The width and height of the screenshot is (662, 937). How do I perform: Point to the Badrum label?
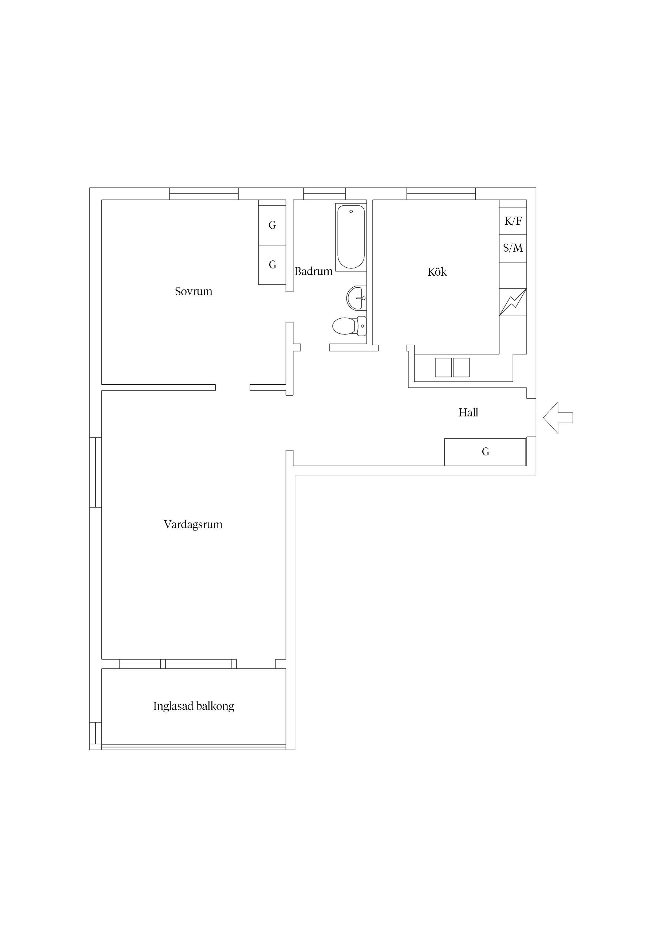313,271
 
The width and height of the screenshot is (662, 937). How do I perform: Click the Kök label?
437,272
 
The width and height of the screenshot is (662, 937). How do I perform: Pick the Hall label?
468,413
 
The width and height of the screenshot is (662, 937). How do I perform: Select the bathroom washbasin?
356,298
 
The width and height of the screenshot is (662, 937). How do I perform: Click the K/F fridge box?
513,221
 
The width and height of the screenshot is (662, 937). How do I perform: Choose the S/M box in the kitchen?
513,248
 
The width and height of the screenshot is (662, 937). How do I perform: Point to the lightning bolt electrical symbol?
513,302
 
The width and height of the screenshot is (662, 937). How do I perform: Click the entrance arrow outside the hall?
558,417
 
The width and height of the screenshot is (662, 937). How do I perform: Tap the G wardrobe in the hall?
485,452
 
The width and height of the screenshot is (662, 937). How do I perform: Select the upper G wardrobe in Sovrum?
272,225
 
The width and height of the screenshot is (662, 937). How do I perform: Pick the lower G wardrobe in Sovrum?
272,265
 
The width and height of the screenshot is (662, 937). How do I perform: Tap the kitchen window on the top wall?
441,194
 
